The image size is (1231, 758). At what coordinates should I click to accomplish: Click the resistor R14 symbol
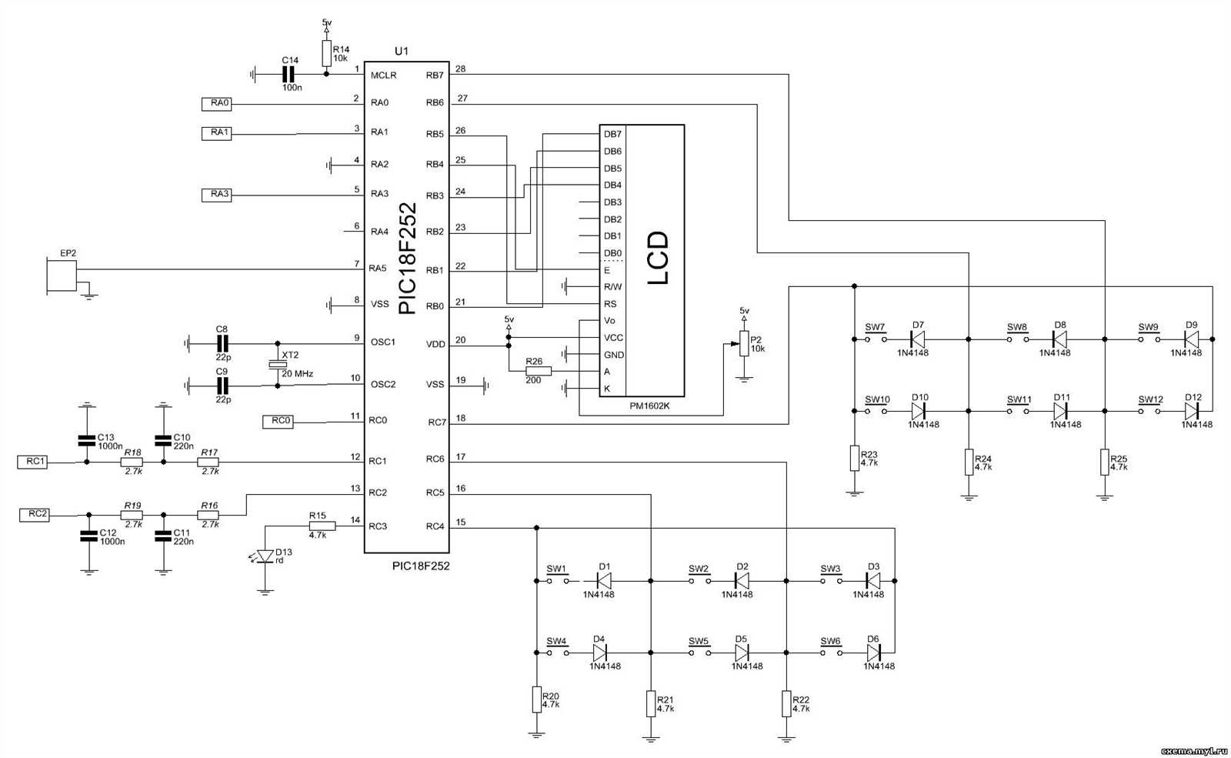tap(326, 53)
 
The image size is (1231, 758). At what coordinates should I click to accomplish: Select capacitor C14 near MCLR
tap(289, 74)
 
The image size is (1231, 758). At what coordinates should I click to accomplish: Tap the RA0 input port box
tap(216, 102)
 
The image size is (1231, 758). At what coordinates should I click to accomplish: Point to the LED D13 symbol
tap(265, 556)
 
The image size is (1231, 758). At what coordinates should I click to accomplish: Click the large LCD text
tap(658, 259)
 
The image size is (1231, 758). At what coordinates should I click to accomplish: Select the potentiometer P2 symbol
tap(744, 343)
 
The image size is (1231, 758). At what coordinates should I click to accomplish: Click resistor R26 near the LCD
tap(538, 371)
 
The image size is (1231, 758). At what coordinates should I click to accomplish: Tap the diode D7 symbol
tap(917, 338)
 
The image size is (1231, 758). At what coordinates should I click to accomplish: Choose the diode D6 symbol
tap(873, 653)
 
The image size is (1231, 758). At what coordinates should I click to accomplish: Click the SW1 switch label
tap(556, 569)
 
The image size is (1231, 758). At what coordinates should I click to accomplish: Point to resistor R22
tap(786, 703)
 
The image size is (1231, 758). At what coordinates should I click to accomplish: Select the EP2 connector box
tap(62, 275)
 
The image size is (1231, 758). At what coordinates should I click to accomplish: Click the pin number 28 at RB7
tap(460, 68)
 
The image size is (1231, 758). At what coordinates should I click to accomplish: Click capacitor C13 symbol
tap(87, 441)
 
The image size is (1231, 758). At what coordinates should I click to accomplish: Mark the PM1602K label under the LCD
tap(649, 406)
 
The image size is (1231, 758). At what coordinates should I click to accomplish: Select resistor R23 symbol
tap(854, 458)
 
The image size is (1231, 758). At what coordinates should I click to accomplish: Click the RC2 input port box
tap(35, 514)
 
